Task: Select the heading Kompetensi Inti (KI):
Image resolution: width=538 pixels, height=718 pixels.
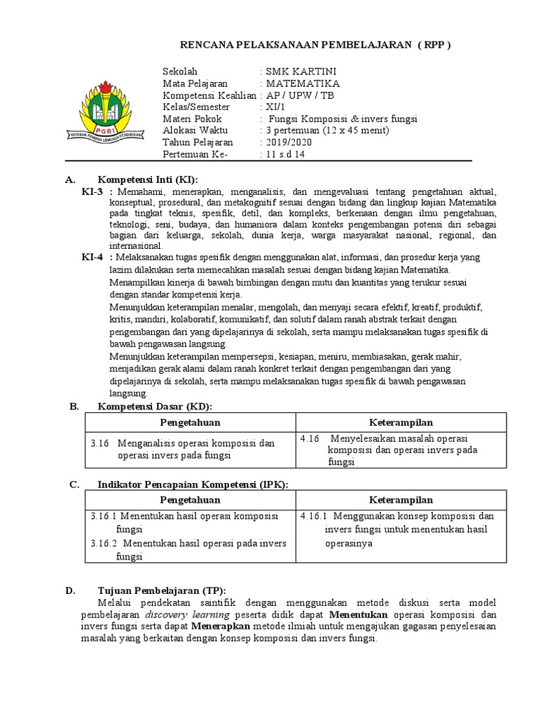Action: click(148, 179)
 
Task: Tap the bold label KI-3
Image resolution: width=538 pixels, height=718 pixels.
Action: click(92, 191)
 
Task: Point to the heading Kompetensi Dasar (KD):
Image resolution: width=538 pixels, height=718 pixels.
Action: click(154, 407)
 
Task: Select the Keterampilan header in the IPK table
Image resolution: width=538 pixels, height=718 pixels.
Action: click(401, 500)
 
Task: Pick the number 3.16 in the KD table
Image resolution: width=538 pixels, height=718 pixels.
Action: click(101, 443)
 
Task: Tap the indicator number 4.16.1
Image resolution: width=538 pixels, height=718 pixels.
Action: click(313, 516)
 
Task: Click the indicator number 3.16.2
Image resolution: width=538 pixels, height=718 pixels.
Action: click(104, 543)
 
